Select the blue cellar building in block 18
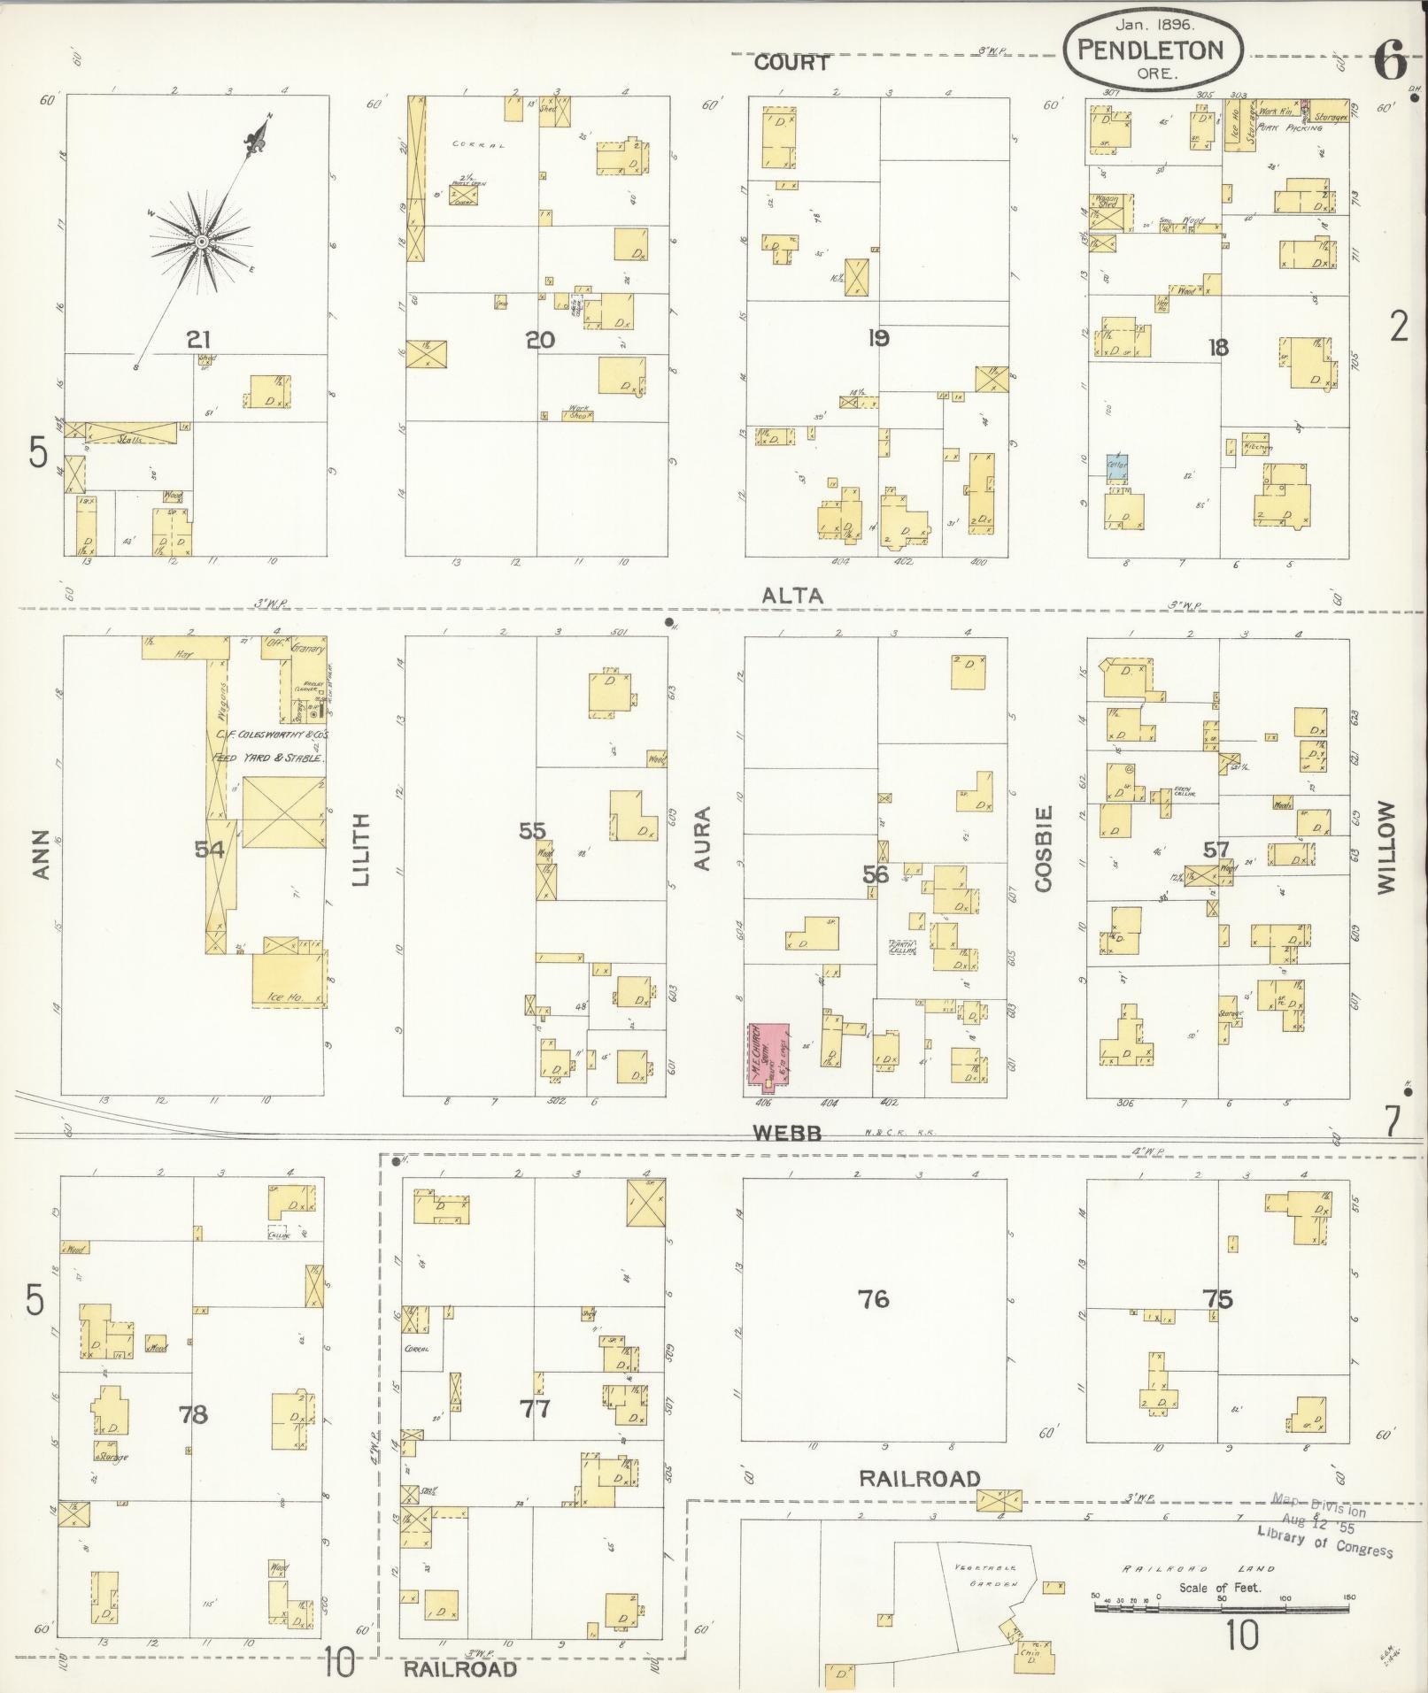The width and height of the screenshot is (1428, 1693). [1116, 466]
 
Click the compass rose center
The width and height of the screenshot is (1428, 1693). [203, 241]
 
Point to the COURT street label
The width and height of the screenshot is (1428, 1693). [791, 63]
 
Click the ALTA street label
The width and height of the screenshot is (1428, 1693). [793, 596]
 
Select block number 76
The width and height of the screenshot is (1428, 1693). [873, 1299]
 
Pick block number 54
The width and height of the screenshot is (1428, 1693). [210, 850]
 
